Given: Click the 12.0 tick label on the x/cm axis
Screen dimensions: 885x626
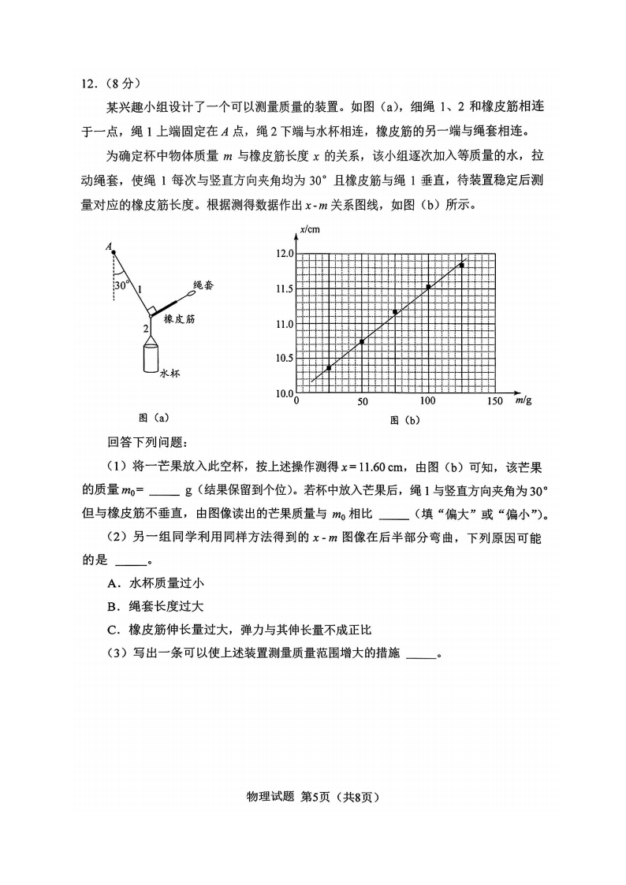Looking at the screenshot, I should pos(285,254).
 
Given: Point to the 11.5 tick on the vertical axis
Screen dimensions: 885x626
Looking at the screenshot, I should pos(285,289).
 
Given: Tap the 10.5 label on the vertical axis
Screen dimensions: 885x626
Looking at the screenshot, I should pos(285,359).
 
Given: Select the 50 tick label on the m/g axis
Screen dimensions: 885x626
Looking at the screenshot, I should pos(363,402).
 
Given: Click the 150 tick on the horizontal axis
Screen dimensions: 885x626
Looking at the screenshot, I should pos(494,402).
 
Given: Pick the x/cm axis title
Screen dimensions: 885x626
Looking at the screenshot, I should pos(310,229).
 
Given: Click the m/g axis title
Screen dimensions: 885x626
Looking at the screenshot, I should pos(523,400).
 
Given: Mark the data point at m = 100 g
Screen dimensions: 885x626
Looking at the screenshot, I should pos(428,287).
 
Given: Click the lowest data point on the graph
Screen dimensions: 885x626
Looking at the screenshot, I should pos(329,368).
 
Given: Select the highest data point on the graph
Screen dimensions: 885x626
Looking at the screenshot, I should pos(461,266).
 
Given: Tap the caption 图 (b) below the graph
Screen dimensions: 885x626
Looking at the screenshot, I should pos(404,420).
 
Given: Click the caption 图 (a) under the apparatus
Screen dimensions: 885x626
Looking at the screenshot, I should pos(153,418).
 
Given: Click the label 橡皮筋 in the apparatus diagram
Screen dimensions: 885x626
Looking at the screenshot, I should pos(180,320).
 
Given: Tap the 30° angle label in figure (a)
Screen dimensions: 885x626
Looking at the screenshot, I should pos(121,285).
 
